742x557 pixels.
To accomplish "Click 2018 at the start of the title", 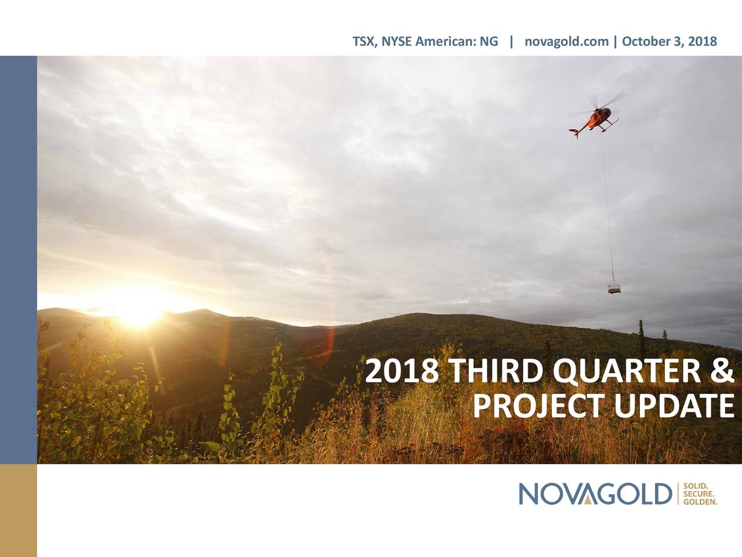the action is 403,371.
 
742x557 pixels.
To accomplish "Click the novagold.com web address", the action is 566,41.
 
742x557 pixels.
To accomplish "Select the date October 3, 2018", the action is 670,41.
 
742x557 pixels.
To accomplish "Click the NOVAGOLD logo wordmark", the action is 595,494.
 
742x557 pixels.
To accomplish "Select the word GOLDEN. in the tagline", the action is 700,502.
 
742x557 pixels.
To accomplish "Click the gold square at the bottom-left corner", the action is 19,511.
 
